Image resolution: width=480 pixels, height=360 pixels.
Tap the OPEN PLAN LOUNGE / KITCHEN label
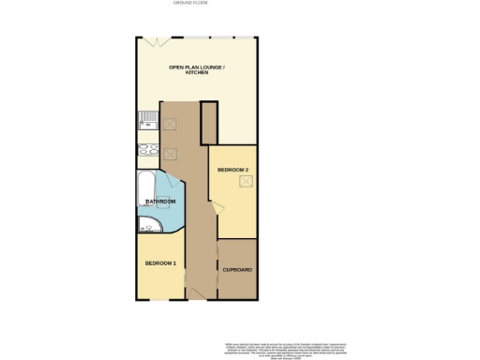pos(196,71)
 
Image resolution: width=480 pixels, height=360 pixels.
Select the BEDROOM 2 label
pos(232,170)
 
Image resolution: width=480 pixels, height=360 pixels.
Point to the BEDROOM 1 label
pos(160,263)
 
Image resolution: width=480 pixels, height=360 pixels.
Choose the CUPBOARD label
pos(237,270)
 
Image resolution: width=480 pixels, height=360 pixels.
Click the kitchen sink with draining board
pos(148,119)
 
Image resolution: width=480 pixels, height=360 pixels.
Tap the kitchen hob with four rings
pos(148,151)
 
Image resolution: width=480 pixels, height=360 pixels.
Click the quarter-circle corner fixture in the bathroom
pos(147,223)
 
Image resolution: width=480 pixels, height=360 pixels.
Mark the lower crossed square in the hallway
pos(171,155)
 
